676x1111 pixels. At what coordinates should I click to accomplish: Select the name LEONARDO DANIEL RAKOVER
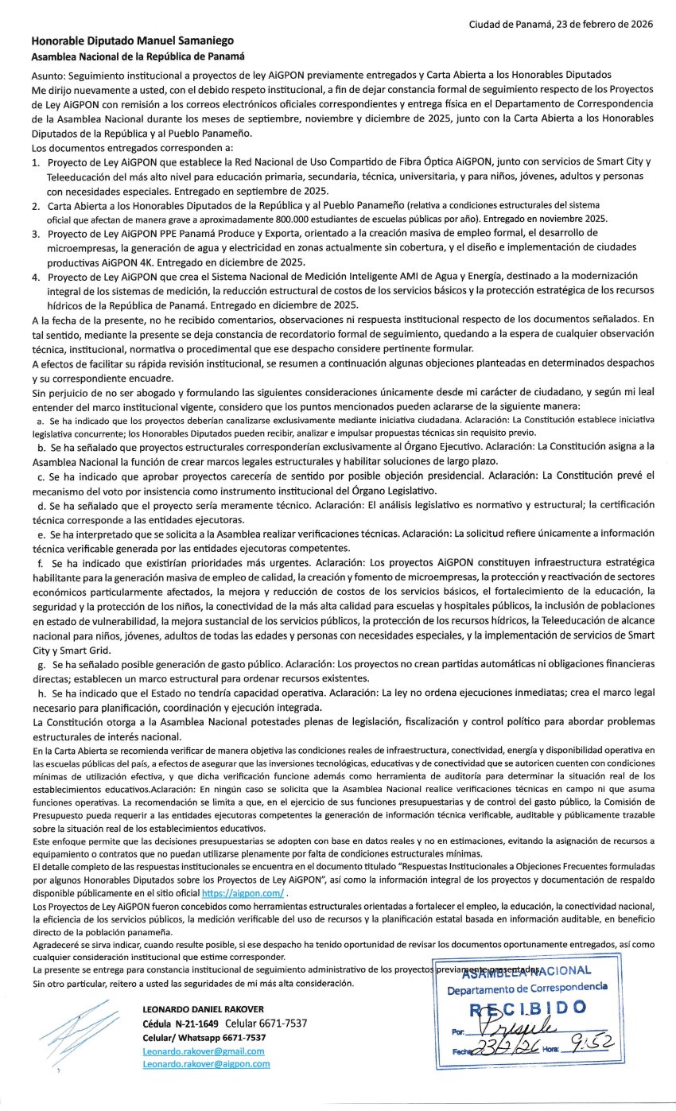[x=203, y=1009]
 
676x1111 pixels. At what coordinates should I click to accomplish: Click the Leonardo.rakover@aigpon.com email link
[x=206, y=1063]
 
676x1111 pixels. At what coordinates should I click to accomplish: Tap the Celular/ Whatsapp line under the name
[x=204, y=1037]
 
